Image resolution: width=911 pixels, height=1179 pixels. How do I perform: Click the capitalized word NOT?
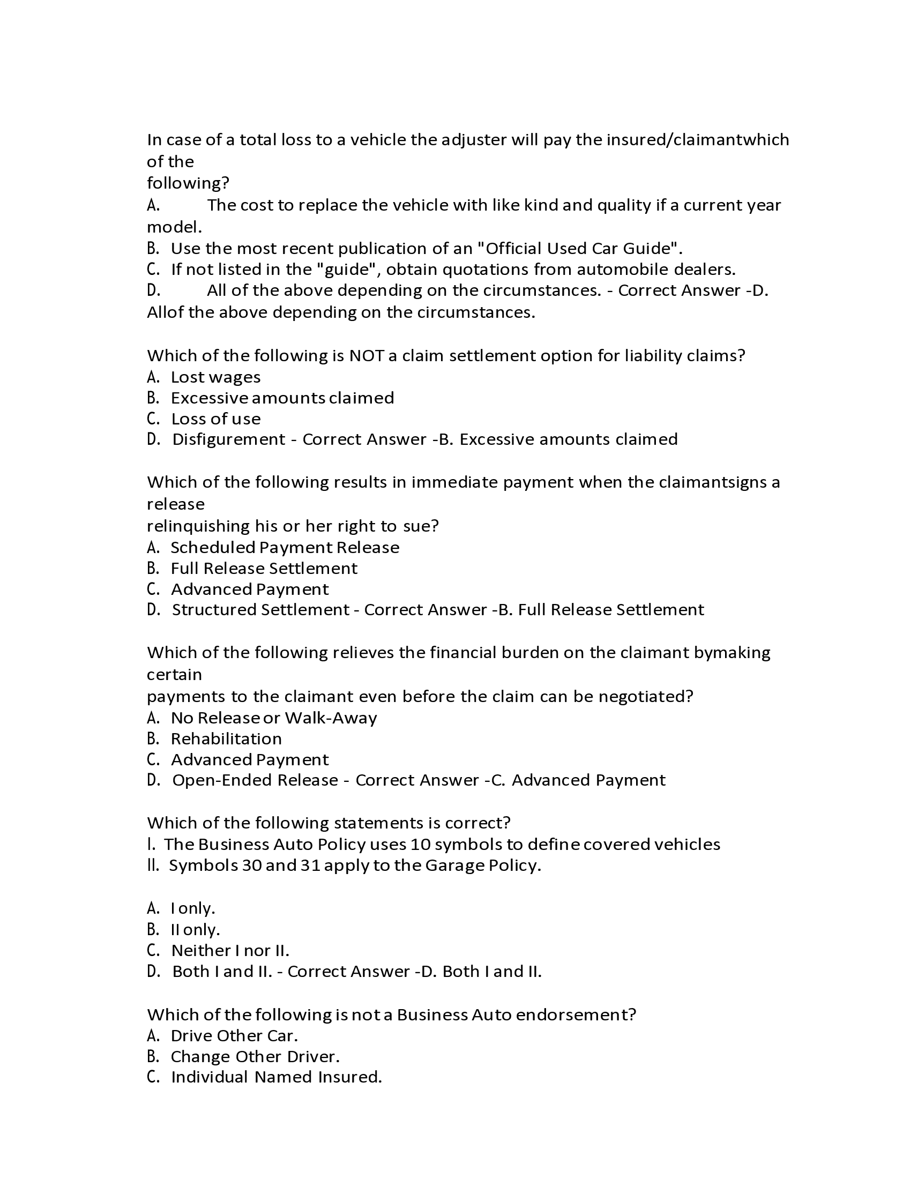(x=366, y=356)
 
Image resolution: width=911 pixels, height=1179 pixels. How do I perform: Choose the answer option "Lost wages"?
(x=215, y=377)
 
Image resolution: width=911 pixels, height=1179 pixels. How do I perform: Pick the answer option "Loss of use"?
(x=215, y=419)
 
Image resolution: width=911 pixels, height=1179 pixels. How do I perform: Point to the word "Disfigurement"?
(x=228, y=439)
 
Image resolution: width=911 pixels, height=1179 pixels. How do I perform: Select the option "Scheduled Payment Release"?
(x=285, y=547)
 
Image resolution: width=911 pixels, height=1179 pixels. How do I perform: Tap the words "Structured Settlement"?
(x=260, y=610)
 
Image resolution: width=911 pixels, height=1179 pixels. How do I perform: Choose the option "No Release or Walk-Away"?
(x=274, y=718)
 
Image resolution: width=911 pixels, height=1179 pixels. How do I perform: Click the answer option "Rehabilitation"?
(x=226, y=738)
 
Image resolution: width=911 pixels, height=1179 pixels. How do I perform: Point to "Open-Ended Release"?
(x=255, y=781)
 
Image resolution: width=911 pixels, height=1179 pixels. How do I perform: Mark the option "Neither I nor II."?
(x=230, y=950)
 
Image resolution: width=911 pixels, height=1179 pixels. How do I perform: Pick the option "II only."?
(x=196, y=930)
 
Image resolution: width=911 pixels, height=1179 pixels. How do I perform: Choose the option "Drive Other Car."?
(x=234, y=1035)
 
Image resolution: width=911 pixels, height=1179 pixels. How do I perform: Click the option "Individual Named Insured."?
(x=277, y=1077)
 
